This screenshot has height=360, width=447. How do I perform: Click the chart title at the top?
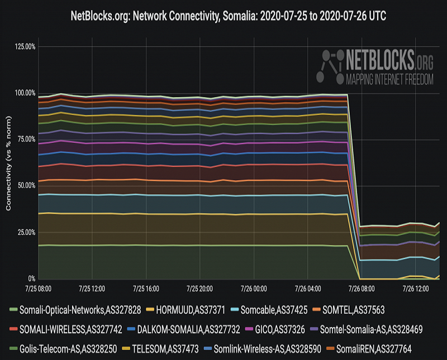(x=223, y=16)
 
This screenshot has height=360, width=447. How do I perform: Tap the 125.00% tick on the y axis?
(x=25, y=46)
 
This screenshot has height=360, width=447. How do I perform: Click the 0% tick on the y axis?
(x=32, y=279)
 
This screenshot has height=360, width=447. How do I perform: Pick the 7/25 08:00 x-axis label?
(x=37, y=289)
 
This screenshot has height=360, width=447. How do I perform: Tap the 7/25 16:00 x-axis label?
(x=146, y=289)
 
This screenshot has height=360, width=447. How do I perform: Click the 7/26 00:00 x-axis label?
(x=254, y=289)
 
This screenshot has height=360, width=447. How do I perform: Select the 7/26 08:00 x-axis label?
(x=362, y=289)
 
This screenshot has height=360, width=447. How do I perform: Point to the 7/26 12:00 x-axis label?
(x=416, y=289)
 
